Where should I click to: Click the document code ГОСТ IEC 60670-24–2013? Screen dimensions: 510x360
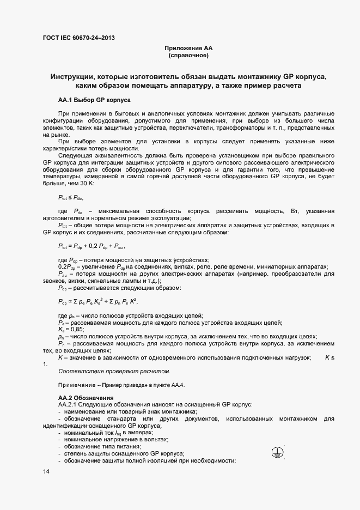click(x=78, y=38)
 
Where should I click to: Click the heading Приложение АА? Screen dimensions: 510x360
click(x=187, y=48)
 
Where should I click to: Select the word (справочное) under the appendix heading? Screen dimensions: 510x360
click(x=187, y=56)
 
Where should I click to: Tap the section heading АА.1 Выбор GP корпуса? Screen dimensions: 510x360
click(x=92, y=100)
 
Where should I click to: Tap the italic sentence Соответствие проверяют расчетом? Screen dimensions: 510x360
click(x=114, y=372)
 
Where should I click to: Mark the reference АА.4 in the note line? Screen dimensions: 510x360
click(x=178, y=385)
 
